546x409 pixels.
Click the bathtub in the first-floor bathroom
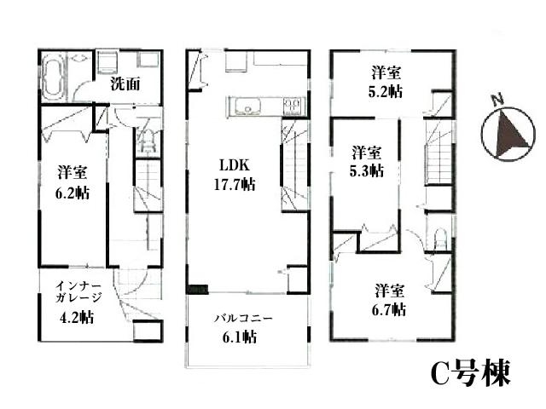pyautogui.click(x=53, y=76)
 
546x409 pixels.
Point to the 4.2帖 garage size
pyautogui.click(x=78, y=317)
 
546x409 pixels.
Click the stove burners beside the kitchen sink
pyautogui.click(x=291, y=106)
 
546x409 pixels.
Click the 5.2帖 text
pyautogui.click(x=386, y=93)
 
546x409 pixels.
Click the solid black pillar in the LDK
pyautogui.click(x=197, y=288)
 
